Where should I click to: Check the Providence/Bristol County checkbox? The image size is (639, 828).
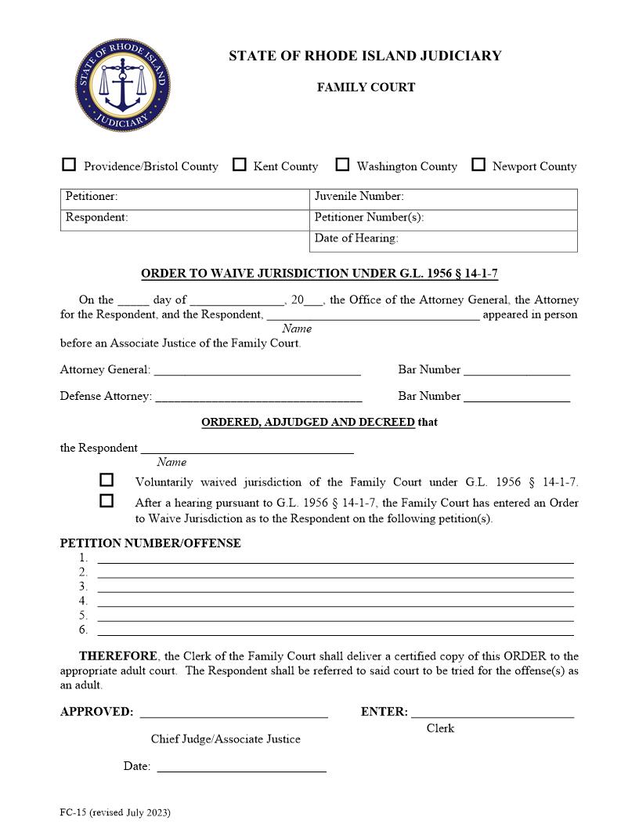(69, 165)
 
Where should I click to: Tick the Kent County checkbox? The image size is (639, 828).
(240, 165)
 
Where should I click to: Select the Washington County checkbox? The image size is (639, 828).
(342, 165)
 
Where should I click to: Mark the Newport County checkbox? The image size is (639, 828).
(478, 165)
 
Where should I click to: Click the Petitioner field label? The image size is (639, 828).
(92, 197)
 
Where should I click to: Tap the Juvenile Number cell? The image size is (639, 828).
(442, 198)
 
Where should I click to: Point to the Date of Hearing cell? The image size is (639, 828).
(442, 239)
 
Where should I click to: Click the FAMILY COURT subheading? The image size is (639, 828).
(366, 87)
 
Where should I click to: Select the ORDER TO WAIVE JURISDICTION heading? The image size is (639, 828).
(319, 274)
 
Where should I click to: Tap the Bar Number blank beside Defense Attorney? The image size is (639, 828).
(517, 397)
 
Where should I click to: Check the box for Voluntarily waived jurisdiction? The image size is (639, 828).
(106, 480)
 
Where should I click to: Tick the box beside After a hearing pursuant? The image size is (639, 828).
(106, 501)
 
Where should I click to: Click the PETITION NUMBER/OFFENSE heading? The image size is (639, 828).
(150, 543)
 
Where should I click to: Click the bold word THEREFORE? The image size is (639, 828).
(118, 656)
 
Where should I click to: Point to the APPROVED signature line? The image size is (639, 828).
(233, 713)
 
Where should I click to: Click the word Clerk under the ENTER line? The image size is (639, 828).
(440, 728)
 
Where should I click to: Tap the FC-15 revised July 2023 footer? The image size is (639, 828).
(115, 812)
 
